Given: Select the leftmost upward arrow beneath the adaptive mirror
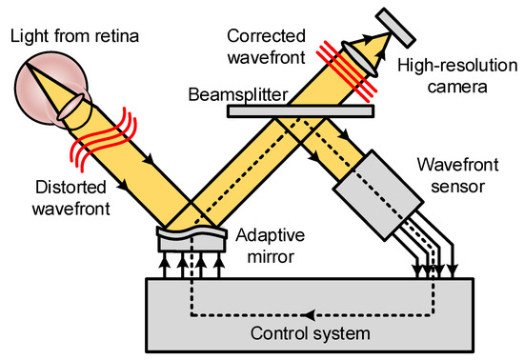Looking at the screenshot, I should point(165,266).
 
